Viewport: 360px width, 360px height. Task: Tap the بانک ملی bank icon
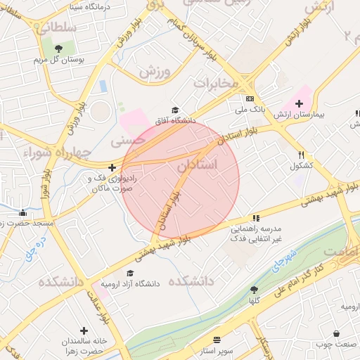(250, 99)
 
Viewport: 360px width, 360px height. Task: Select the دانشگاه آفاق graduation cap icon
(174, 110)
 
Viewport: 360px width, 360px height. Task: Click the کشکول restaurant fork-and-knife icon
(302, 155)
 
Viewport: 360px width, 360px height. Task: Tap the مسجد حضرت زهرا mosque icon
(23, 213)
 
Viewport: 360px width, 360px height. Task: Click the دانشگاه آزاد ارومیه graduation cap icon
(130, 274)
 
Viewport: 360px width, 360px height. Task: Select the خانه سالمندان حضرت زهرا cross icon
(84, 330)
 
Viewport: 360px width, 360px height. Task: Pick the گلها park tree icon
(253, 289)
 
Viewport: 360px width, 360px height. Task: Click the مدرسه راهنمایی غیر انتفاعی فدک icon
(256, 218)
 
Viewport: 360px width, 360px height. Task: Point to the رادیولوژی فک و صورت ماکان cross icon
(112, 167)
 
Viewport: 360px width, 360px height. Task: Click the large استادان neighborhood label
(196, 166)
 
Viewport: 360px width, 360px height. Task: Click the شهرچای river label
(284, 259)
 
